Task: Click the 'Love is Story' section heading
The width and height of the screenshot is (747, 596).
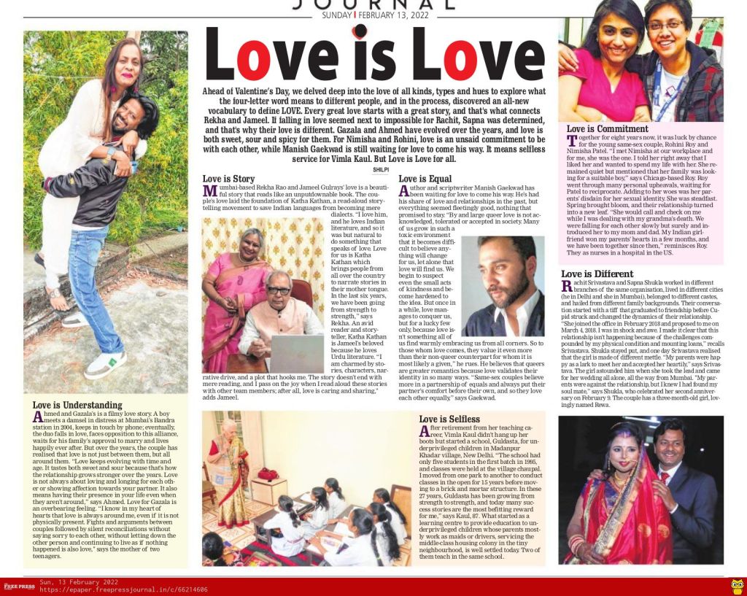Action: point(228,179)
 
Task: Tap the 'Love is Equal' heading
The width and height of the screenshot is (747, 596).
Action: point(425,179)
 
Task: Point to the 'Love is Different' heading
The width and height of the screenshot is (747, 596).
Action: point(597,274)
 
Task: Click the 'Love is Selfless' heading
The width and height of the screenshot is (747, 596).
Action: point(449,419)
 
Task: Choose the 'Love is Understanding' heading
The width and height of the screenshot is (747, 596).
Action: point(77,405)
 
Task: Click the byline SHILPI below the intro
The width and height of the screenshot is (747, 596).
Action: point(373,169)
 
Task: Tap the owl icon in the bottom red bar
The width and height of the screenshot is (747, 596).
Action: point(737,586)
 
